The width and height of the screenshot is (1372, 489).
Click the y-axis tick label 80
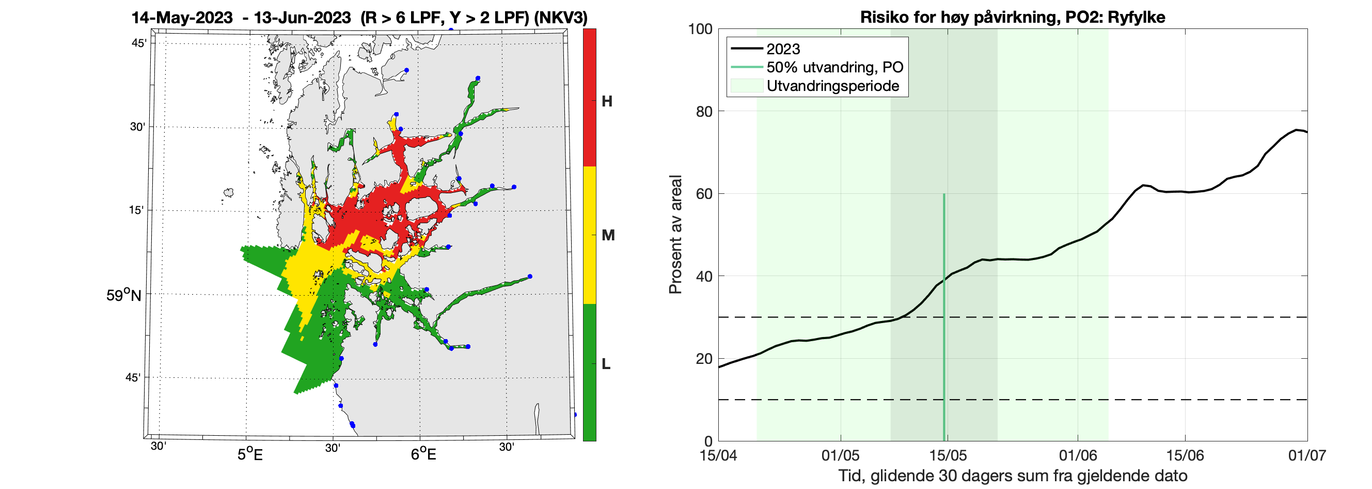(704, 112)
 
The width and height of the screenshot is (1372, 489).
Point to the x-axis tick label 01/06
(1078, 455)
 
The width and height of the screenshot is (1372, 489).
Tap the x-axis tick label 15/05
(948, 455)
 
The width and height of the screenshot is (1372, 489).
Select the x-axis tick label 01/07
(1307, 455)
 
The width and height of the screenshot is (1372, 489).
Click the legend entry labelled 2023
(783, 49)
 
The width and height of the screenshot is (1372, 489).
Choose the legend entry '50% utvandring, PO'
(834, 67)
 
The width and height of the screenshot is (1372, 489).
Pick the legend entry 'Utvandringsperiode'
(832, 86)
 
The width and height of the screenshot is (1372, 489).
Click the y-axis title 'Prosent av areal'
(675, 235)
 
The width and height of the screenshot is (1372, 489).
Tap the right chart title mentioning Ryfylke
(1013, 17)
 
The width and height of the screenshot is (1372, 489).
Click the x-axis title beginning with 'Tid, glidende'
(1013, 475)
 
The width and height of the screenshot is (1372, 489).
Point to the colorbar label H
(607, 101)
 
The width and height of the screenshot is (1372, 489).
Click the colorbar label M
(608, 235)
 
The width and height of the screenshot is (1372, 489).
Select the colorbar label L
(606, 364)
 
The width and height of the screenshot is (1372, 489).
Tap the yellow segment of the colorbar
(590, 235)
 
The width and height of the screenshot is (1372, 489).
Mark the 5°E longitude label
(250, 454)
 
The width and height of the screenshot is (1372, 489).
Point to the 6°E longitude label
(423, 454)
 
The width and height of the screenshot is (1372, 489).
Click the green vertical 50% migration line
(944, 320)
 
